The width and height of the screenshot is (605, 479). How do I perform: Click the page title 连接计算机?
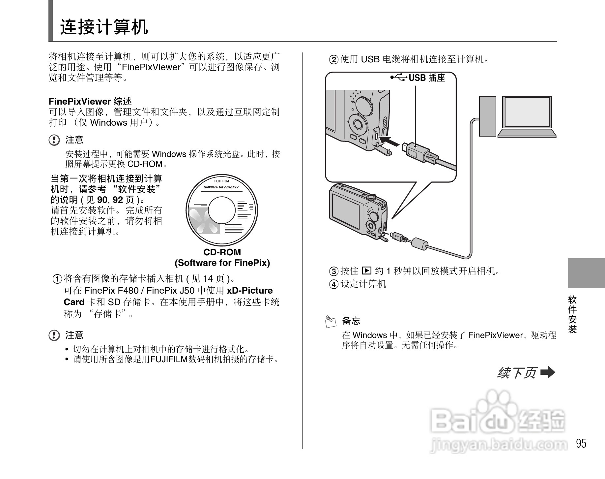point(104,27)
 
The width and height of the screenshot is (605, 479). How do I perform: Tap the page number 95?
point(581,443)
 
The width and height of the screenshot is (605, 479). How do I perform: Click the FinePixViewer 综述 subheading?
point(90,101)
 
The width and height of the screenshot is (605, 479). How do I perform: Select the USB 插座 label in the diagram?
point(427,78)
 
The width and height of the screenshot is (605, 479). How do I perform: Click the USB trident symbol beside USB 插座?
point(399,78)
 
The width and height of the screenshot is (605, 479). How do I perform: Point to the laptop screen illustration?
point(527,112)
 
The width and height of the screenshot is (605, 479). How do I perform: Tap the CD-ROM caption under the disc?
point(222,252)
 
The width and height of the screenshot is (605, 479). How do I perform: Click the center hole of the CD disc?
point(222,210)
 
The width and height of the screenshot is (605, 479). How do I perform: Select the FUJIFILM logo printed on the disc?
point(221,181)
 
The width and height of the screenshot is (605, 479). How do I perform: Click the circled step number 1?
point(57,279)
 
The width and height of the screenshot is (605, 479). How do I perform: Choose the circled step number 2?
point(334,60)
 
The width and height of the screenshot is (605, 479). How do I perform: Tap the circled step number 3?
point(334,271)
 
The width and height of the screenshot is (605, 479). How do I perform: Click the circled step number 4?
point(334,284)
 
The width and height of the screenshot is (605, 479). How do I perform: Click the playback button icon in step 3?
point(366,271)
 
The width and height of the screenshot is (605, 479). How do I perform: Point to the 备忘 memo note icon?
point(331,321)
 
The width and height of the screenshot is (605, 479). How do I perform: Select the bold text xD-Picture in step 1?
point(250,291)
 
